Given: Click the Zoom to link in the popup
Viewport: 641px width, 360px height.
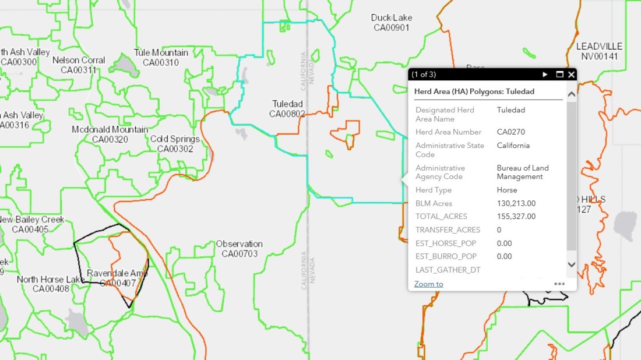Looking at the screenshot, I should click(x=428, y=284).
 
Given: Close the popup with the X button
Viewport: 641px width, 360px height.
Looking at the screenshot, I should click(x=572, y=75).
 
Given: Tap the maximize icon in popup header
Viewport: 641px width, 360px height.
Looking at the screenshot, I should click(x=559, y=75).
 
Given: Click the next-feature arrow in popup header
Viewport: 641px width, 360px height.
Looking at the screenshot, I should click(x=545, y=75).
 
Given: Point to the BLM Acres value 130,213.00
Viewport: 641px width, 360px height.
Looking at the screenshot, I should click(x=516, y=203).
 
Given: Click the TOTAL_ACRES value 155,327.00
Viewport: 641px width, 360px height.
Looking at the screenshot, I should click(x=516, y=217).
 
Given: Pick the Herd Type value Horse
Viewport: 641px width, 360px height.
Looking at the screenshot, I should click(x=507, y=190).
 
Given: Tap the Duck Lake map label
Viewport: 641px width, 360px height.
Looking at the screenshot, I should click(x=392, y=22).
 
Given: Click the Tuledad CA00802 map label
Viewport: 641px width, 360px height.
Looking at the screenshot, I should click(x=287, y=109).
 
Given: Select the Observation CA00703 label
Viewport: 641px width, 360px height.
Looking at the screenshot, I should click(x=239, y=249).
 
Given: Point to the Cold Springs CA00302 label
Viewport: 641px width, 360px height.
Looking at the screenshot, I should click(x=175, y=144).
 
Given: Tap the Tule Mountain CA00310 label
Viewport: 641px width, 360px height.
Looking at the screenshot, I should click(x=161, y=58).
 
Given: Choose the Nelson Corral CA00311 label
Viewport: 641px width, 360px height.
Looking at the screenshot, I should click(x=79, y=65).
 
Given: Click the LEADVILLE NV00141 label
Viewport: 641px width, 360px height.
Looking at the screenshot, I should click(x=599, y=51).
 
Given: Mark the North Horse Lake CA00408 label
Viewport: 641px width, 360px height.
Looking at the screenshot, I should click(x=51, y=284).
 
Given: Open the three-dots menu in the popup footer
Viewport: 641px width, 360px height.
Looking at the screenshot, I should click(x=559, y=284).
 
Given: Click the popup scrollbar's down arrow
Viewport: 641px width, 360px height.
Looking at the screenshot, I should click(x=572, y=264).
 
